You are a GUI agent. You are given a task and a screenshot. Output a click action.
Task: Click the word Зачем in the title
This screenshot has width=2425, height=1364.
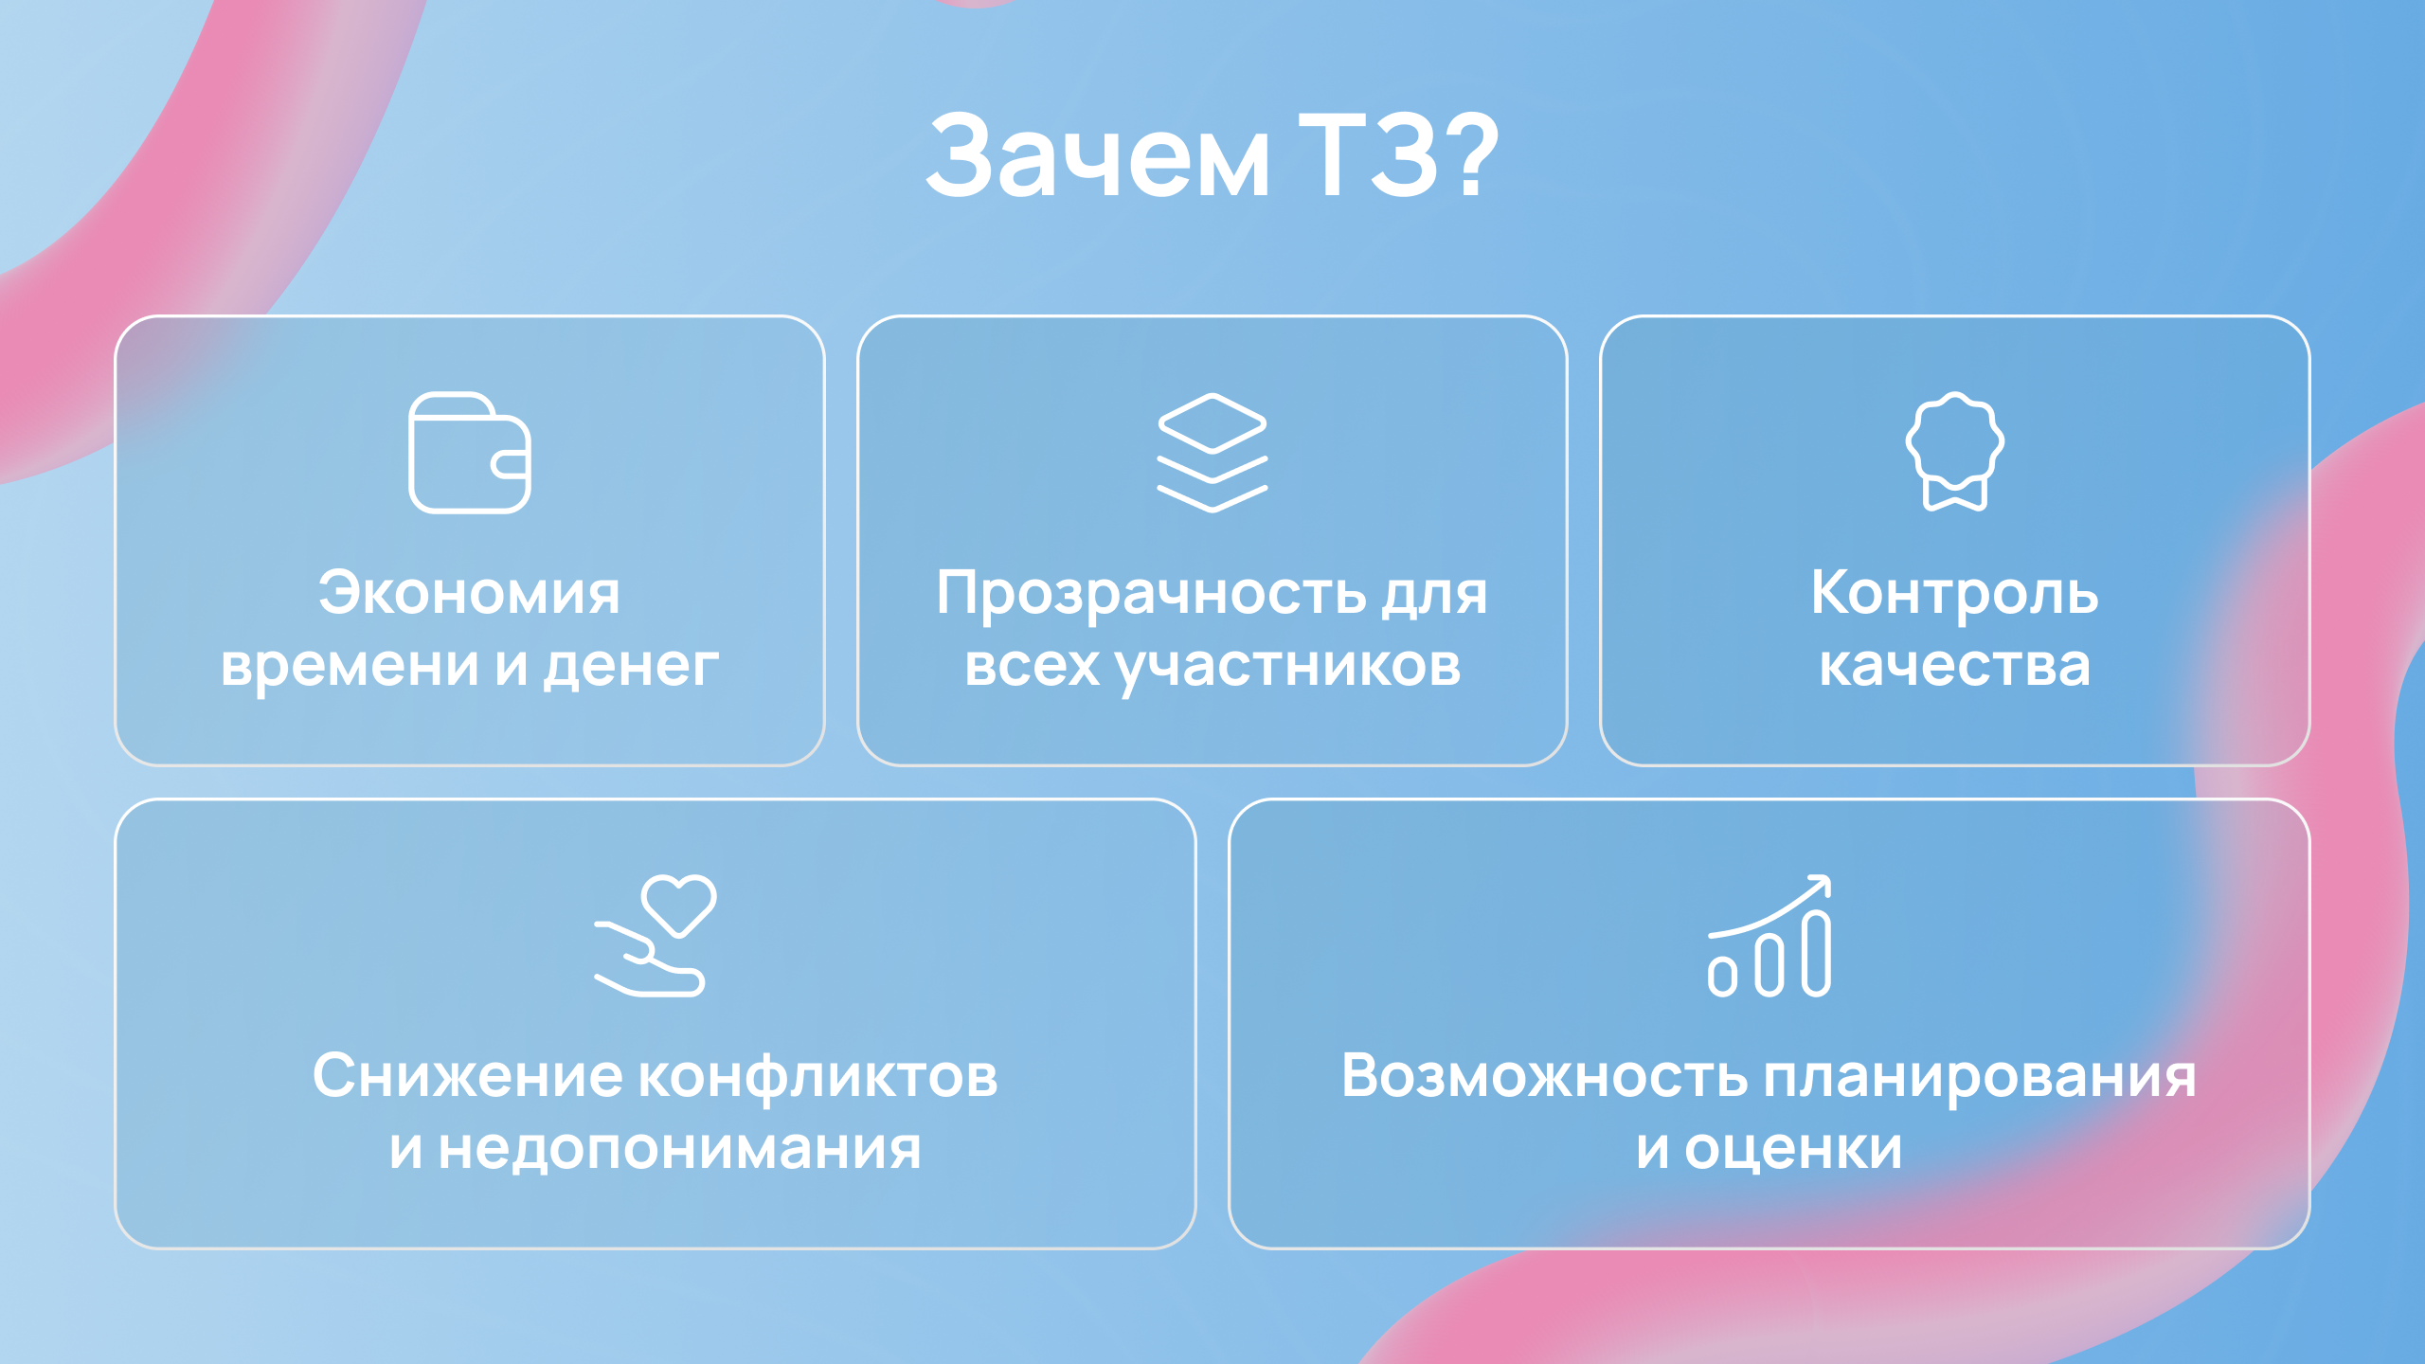tap(1098, 155)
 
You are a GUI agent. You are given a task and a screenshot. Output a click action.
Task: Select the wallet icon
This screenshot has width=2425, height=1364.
tap(470, 453)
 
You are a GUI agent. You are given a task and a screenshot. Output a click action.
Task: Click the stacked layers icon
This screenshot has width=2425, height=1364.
tap(1212, 453)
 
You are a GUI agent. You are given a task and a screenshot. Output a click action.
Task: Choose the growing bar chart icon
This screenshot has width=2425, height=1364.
tap(1769, 936)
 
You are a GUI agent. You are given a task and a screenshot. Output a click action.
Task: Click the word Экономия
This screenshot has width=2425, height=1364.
tap(469, 593)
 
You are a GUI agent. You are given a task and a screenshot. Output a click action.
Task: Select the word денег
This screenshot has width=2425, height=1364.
tap(631, 666)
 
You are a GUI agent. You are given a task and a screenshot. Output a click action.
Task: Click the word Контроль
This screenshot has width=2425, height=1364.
tap(1955, 595)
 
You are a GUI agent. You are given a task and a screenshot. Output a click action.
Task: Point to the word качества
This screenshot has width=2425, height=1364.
tap(1954, 666)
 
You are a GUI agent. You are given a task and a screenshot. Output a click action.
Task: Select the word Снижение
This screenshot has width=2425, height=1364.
tap(468, 1076)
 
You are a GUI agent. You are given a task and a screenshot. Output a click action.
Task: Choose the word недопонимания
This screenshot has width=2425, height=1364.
tap(679, 1149)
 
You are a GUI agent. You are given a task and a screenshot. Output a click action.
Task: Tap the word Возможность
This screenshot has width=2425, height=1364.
tap(1545, 1076)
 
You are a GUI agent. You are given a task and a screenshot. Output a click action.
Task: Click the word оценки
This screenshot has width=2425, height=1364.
tap(1793, 1149)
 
